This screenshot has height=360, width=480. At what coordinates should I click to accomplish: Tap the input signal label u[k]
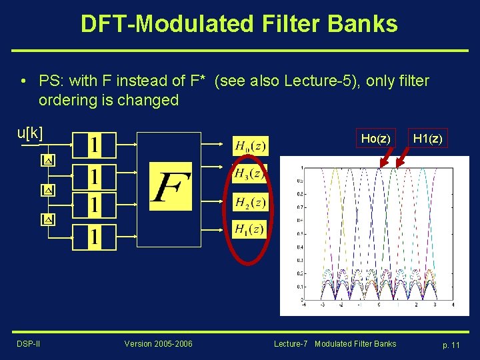point(30,133)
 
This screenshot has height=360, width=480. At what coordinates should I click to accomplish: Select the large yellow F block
point(171,187)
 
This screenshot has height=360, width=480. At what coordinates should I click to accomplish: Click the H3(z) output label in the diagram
point(249,173)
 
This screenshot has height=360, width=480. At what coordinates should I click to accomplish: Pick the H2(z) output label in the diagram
point(249,201)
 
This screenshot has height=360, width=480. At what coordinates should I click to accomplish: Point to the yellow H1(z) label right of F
point(249,229)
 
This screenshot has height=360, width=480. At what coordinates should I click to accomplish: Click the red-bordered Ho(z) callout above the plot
point(375,139)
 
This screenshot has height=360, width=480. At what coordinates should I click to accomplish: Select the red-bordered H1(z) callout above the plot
point(427,139)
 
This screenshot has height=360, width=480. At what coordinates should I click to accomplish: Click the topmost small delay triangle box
point(47,160)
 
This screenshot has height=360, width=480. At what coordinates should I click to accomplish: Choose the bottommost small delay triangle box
point(47,218)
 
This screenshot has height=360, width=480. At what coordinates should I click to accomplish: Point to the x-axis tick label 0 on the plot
point(379,305)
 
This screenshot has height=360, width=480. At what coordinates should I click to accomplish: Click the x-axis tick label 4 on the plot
point(453,305)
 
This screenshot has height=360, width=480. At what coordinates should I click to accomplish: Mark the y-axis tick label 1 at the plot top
point(302,167)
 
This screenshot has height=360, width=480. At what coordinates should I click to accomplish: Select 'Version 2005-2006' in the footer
point(158,344)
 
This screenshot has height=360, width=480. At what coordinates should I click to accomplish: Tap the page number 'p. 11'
point(451,345)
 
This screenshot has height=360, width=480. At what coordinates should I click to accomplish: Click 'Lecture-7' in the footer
point(291,344)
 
